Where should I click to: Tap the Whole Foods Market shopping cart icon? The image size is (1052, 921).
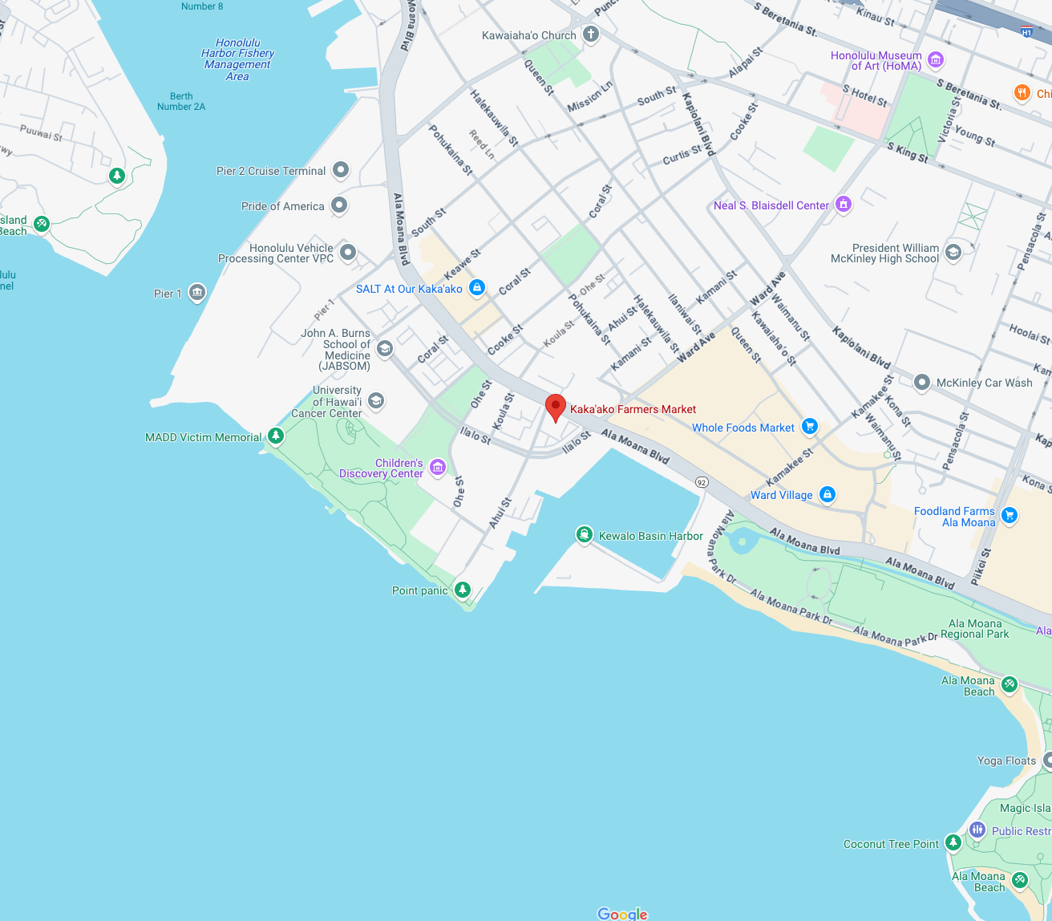810,427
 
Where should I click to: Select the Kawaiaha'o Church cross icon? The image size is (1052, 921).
591,34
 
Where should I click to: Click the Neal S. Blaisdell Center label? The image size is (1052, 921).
771,205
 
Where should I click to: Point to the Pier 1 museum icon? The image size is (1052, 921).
197,293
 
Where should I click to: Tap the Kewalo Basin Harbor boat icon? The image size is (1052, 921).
585,534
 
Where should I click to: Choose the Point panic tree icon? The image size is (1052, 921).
462,590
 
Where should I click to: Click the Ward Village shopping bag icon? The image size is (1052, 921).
827,494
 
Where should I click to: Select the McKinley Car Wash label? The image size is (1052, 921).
984,383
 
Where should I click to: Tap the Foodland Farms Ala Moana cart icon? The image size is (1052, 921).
1010,515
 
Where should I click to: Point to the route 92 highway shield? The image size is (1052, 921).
702,482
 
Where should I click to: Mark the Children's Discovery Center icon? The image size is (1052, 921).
437,467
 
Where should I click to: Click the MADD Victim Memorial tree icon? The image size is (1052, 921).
276,436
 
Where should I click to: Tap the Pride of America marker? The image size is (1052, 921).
339,205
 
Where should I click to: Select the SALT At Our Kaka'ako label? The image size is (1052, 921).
409,289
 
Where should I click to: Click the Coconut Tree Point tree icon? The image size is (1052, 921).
953,842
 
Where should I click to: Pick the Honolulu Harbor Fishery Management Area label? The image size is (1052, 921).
237,59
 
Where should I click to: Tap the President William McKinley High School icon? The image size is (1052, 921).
953,252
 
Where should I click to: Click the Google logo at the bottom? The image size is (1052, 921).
622,914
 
